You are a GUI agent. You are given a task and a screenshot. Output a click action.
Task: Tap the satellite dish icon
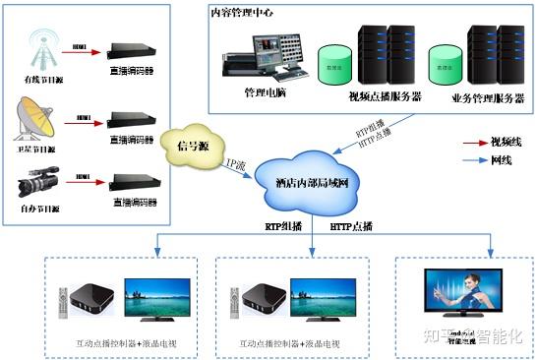pos(35,119)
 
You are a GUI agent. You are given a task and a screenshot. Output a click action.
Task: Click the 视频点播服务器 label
pos(385,96)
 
